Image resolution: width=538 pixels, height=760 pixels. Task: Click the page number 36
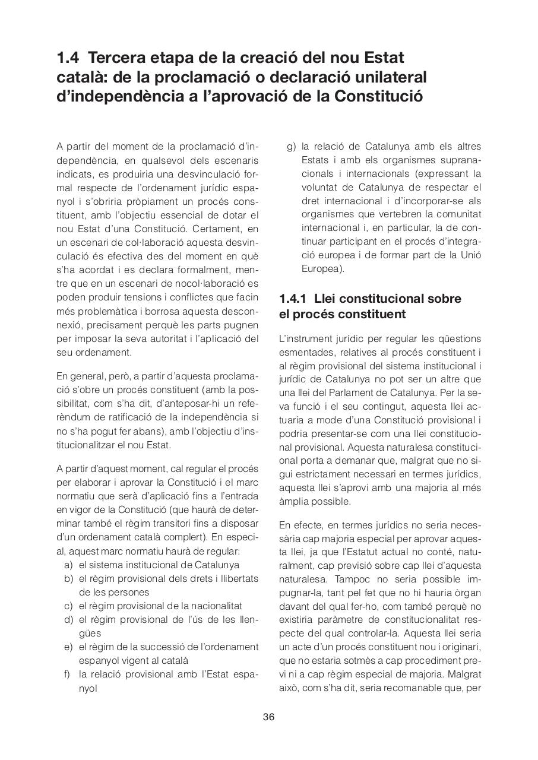(268, 717)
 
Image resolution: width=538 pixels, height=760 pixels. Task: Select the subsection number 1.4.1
(293, 299)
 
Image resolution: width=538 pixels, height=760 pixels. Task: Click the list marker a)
(68, 565)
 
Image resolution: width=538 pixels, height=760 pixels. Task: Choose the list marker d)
(68, 619)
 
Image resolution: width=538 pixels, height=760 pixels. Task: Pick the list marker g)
(291, 147)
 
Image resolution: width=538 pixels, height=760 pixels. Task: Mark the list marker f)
(68, 674)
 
